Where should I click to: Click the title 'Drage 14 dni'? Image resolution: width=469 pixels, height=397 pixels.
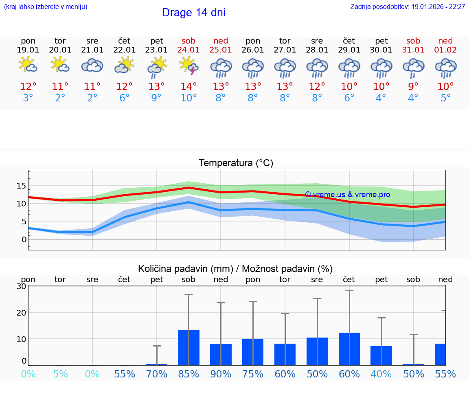[x=193, y=13]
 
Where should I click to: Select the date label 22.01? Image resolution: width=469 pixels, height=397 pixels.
[x=124, y=50]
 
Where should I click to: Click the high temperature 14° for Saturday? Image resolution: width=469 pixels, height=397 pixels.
[x=188, y=87]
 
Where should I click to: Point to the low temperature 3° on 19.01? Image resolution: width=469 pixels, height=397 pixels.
[x=28, y=98]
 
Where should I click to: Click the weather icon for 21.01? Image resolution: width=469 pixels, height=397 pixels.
[x=92, y=65]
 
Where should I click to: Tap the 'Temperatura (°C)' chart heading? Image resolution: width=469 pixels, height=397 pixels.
[x=236, y=163]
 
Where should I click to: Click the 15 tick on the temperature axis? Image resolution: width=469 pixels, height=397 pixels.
[x=21, y=186]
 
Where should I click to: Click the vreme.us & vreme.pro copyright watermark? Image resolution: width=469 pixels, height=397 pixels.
[x=347, y=195]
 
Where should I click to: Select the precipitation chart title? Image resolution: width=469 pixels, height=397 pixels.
[x=235, y=269]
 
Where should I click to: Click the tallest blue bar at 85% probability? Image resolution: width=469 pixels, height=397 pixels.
[x=188, y=348]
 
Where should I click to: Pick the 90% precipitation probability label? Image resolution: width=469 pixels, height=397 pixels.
[x=221, y=374]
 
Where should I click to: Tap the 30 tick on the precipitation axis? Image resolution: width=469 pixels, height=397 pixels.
[x=21, y=286]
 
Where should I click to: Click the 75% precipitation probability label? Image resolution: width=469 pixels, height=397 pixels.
[x=253, y=374]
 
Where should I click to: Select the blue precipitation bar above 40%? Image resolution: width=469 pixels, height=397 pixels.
[x=381, y=356]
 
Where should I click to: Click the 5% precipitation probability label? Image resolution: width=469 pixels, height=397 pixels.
[x=60, y=374]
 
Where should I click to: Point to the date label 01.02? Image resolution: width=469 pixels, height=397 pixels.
[x=445, y=50]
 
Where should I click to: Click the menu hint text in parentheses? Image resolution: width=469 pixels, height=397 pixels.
[x=46, y=7]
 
